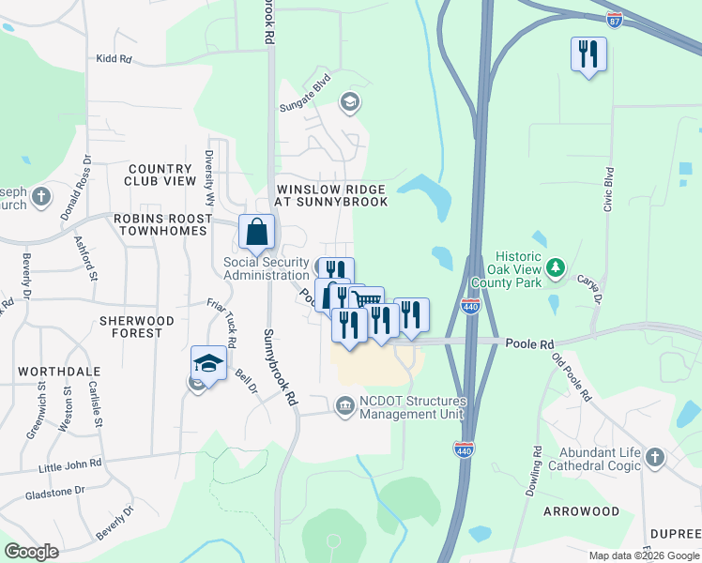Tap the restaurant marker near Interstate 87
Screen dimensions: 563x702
(588, 55)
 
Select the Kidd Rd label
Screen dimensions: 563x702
(114, 58)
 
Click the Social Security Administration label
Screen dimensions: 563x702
(266, 267)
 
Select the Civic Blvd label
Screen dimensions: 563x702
(608, 188)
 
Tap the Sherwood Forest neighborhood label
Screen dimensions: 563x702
(137, 327)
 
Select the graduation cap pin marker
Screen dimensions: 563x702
(208, 364)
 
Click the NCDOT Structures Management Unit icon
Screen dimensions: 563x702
(344, 405)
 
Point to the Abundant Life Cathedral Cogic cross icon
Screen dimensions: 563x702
(654, 459)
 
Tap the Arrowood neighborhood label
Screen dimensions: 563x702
(581, 511)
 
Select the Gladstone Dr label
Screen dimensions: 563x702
(55, 491)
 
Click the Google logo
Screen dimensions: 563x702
(31, 552)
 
